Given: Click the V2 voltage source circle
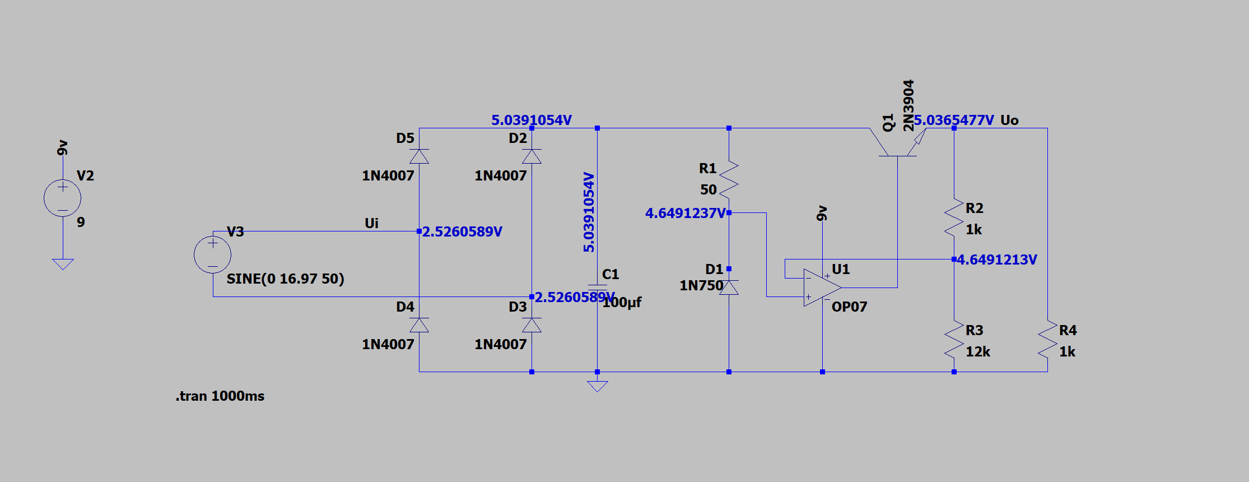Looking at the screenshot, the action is [x=63, y=198].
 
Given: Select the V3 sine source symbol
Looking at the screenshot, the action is [x=213, y=254].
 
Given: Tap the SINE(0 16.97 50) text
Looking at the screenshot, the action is [x=285, y=279].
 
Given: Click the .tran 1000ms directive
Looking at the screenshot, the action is [x=220, y=396].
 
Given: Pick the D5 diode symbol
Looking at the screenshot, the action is [x=419, y=156].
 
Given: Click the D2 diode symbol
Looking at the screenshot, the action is [x=532, y=156].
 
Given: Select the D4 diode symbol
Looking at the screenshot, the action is [x=419, y=325].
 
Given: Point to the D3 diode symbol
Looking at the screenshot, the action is [x=532, y=325].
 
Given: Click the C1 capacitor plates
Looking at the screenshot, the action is [x=597, y=288].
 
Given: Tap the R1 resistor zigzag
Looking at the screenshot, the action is [x=729, y=179].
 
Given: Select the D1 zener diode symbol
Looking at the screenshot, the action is [x=729, y=288].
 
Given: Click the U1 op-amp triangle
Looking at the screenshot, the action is [x=822, y=288].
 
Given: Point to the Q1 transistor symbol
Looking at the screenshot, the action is [x=898, y=142].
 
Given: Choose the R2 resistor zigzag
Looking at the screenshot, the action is [x=954, y=217].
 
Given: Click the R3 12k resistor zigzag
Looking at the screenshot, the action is [x=954, y=340].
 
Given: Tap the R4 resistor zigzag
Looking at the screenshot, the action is [x=1047, y=340].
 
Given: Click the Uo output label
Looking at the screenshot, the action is [x=1009, y=120].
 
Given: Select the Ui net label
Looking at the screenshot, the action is [x=371, y=223].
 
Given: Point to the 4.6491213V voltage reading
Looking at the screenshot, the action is [x=997, y=259].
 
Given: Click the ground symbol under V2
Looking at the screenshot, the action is [x=63, y=264].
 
